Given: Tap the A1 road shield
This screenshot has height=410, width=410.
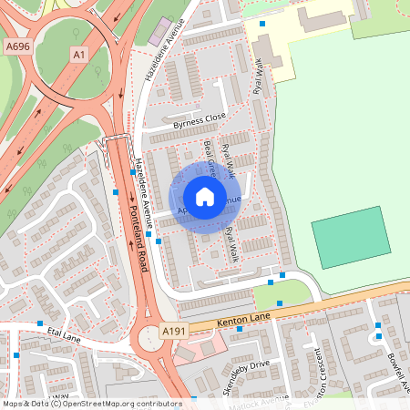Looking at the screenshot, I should click(x=80, y=56).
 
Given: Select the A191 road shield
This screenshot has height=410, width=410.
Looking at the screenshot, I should click(x=173, y=331).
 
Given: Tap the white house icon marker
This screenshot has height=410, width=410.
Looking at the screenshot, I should click(x=205, y=197).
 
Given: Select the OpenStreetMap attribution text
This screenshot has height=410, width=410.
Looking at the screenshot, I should click(x=91, y=403).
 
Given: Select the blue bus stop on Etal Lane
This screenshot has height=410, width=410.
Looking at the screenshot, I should click(x=40, y=323).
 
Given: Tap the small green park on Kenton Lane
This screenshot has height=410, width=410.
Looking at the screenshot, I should click(x=274, y=293).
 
